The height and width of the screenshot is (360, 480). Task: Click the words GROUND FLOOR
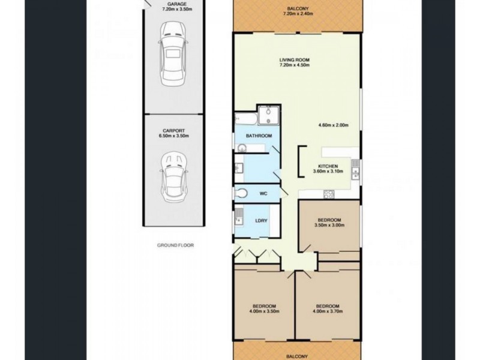click(175, 245)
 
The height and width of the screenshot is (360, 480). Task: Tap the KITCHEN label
click(328, 166)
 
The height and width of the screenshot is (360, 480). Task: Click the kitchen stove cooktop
click(329, 193)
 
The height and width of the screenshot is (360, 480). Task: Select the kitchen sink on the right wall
click(356, 173)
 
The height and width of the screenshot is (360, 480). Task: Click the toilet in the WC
click(242, 193)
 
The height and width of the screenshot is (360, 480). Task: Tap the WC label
click(263, 194)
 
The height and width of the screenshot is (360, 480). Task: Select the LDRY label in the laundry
click(261, 221)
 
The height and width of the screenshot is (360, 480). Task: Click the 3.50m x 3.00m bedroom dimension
click(329, 226)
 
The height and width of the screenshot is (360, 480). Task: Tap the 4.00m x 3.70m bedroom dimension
click(328, 310)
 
